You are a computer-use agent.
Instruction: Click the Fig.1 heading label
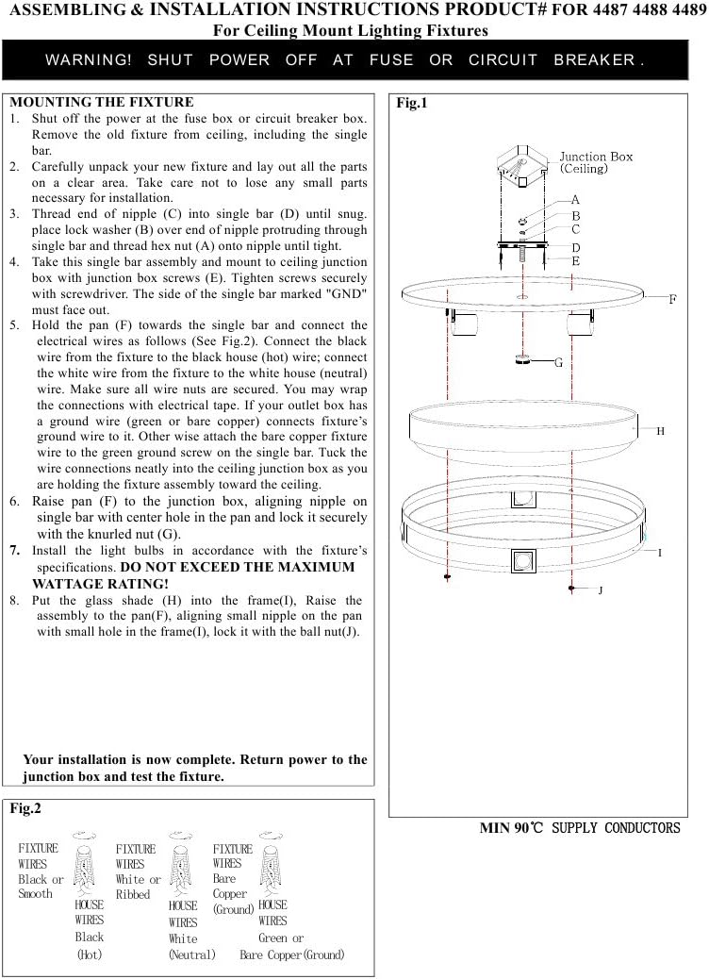pyautogui.click(x=412, y=104)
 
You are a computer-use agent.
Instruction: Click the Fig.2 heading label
pyautogui.click(x=25, y=808)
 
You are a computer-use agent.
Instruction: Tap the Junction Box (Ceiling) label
pyautogui.click(x=596, y=162)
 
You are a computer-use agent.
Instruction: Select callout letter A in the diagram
pyautogui.click(x=575, y=200)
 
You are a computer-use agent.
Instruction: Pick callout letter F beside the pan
pyautogui.click(x=672, y=299)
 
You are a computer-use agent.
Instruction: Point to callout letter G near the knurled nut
pyautogui.click(x=558, y=362)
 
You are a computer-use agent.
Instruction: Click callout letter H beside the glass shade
pyautogui.click(x=661, y=431)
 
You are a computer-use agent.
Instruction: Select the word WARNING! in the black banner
pyautogui.click(x=89, y=59)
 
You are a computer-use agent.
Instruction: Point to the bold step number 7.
pyautogui.click(x=14, y=550)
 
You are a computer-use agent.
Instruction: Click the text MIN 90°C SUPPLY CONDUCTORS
pyautogui.click(x=579, y=828)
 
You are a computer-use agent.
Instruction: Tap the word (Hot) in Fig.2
pyautogui.click(x=90, y=954)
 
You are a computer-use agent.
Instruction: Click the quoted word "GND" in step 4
pyautogui.click(x=349, y=292)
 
